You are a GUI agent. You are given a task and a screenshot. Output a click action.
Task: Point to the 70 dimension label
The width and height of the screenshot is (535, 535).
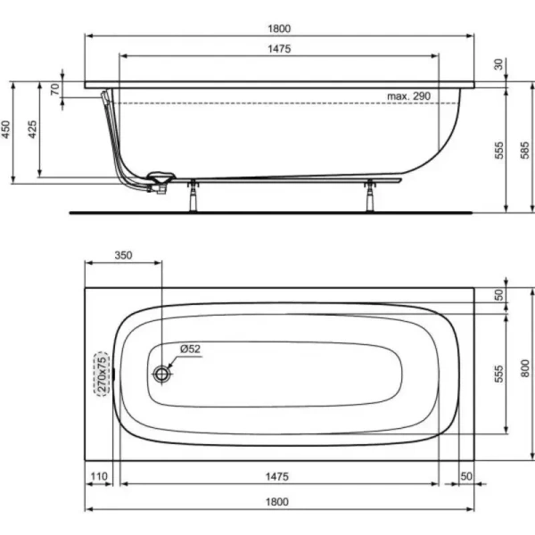pyautogui.click(x=54, y=88)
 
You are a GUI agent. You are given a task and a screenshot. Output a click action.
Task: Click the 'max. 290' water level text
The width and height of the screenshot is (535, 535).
pyautogui.click(x=409, y=95)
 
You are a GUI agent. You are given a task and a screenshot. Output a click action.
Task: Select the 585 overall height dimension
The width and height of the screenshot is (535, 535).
pyautogui.click(x=525, y=147)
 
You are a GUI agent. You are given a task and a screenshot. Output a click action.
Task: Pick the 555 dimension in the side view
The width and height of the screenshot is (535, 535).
pyautogui.click(x=499, y=147)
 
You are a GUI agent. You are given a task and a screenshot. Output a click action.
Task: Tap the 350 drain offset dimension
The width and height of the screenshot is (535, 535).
pyautogui.click(x=123, y=255)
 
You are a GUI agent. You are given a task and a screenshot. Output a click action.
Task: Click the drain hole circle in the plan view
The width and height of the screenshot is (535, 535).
pyautogui.click(x=161, y=375)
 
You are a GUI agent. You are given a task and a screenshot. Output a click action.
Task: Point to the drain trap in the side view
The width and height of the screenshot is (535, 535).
pyautogui.click(x=159, y=181)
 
